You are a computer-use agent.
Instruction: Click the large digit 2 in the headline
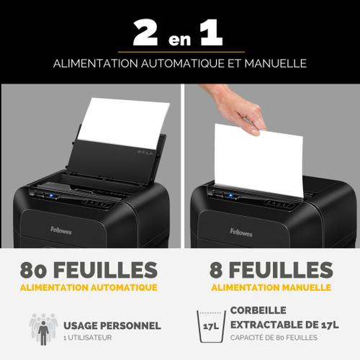pos(145,32)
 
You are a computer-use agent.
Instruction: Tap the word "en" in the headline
pos(179,40)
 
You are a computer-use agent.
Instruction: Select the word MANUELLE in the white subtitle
pos(276,63)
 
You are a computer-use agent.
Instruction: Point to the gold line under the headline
pos(181,52)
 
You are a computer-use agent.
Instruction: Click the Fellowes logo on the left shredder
pos(61,230)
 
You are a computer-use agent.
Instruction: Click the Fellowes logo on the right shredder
pos(241,233)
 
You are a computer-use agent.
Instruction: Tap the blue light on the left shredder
pos(52,195)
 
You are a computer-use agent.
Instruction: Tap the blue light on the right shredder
pos(231,195)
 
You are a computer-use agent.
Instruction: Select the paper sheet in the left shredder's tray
pos(124,122)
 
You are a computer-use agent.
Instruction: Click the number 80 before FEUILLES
pos(33,270)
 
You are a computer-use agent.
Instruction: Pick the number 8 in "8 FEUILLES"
pos(216,270)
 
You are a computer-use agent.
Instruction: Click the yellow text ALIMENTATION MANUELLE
pos(271,287)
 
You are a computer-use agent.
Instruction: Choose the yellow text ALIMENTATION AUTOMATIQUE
pos(89,287)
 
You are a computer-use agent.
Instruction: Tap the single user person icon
pos(43,333)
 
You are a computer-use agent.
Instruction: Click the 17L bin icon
pos(211,327)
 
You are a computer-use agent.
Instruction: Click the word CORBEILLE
pos(258,310)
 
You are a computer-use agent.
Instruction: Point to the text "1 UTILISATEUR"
pos(88,338)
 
